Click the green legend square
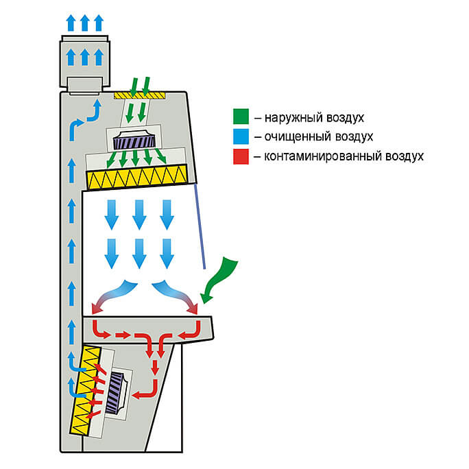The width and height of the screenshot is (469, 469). pos(240,118)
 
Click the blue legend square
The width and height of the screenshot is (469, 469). pos(240,137)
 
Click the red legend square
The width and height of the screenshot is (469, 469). pos(240,156)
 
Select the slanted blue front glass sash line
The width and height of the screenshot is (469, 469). pos(202,226)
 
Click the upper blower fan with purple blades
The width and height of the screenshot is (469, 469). pos(135,141)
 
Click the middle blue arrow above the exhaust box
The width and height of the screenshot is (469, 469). pos(84,23)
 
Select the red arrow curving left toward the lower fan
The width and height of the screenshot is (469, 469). pos(148,392)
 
